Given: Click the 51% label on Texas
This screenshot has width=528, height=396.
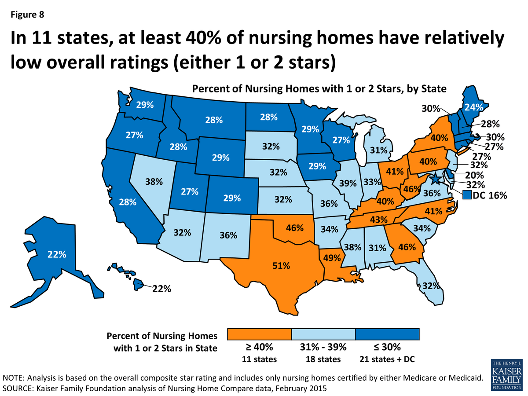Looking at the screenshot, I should tap(280, 266).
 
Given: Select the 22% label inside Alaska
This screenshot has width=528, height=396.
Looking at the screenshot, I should tap(57, 254).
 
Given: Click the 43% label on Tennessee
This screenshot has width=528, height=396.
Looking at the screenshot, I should tap(378, 219).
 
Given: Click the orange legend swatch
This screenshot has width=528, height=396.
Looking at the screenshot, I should tap(259, 334).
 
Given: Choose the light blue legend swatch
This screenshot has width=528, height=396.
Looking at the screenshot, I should tap(323, 334).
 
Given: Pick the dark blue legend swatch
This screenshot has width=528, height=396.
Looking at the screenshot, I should tap(387, 334).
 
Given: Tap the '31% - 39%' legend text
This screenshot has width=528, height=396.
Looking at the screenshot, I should tap(323, 348).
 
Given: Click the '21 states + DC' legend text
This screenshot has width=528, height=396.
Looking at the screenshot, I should tap(387, 359).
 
